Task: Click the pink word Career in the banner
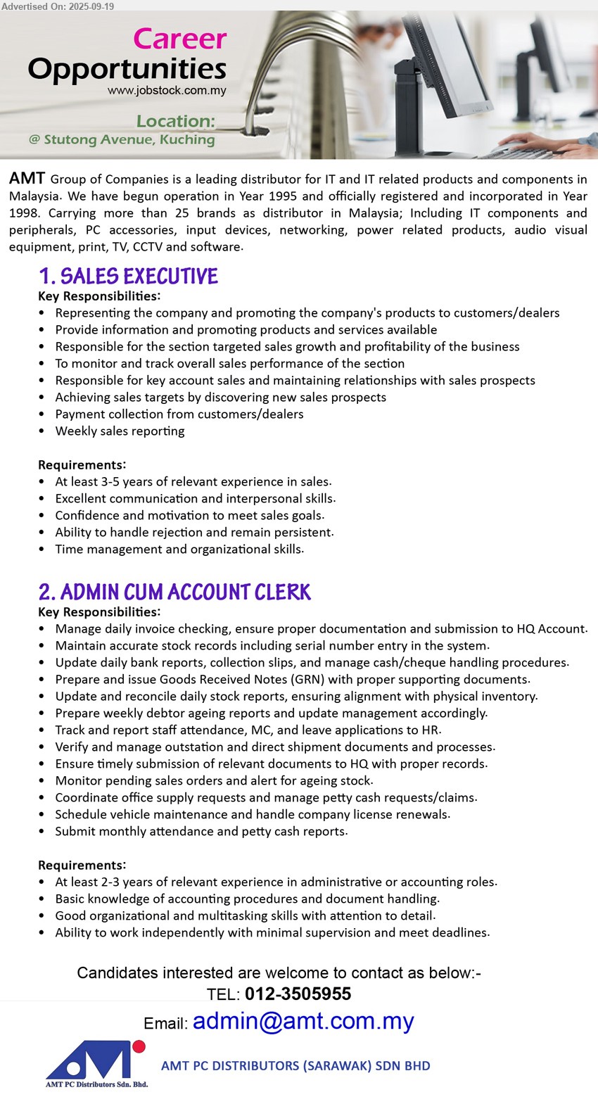[180, 39]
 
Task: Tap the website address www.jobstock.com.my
[167, 91]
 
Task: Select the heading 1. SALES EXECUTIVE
[129, 276]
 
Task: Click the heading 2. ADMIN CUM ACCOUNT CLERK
[175, 592]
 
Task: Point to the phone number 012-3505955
[298, 994]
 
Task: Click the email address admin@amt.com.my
[303, 1021]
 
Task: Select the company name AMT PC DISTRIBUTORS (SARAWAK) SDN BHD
[295, 1065]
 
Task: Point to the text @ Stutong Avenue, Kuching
[122, 139]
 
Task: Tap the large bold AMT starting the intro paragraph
[27, 179]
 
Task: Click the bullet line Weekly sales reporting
[120, 431]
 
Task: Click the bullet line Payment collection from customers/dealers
[179, 414]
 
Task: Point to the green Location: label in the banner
[175, 121]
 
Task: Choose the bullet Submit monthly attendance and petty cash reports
[201, 832]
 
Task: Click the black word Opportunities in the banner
[127, 69]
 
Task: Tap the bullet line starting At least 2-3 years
[276, 882]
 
